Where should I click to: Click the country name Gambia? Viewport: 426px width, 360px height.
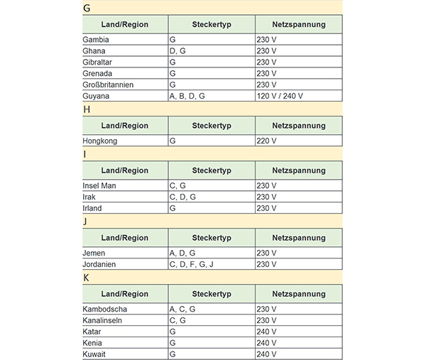tap(96, 40)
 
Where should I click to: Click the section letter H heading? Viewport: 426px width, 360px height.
tap(87, 109)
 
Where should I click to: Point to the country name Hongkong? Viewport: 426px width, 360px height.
tap(100, 141)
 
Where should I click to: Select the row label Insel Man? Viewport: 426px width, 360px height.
tap(99, 185)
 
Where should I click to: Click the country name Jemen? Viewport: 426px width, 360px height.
tap(94, 253)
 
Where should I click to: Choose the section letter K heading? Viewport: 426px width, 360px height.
tap(87, 278)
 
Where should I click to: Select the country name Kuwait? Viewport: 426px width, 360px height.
tap(94, 354)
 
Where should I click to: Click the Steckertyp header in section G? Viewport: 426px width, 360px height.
tap(211, 24)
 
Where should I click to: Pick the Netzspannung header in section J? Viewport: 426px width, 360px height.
tap(298, 237)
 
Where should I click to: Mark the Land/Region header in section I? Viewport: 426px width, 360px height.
tap(125, 170)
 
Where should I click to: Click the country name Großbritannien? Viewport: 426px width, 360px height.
tap(108, 84)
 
